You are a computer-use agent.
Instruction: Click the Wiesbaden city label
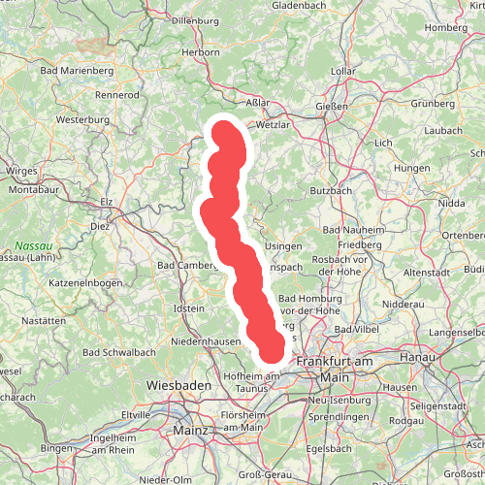click(x=178, y=386)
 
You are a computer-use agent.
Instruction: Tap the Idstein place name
click(x=188, y=308)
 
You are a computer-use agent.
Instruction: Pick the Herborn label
click(x=201, y=52)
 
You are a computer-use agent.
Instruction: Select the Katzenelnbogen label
click(x=85, y=284)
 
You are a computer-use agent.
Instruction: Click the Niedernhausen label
click(x=205, y=341)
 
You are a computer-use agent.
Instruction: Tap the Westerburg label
click(x=83, y=119)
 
